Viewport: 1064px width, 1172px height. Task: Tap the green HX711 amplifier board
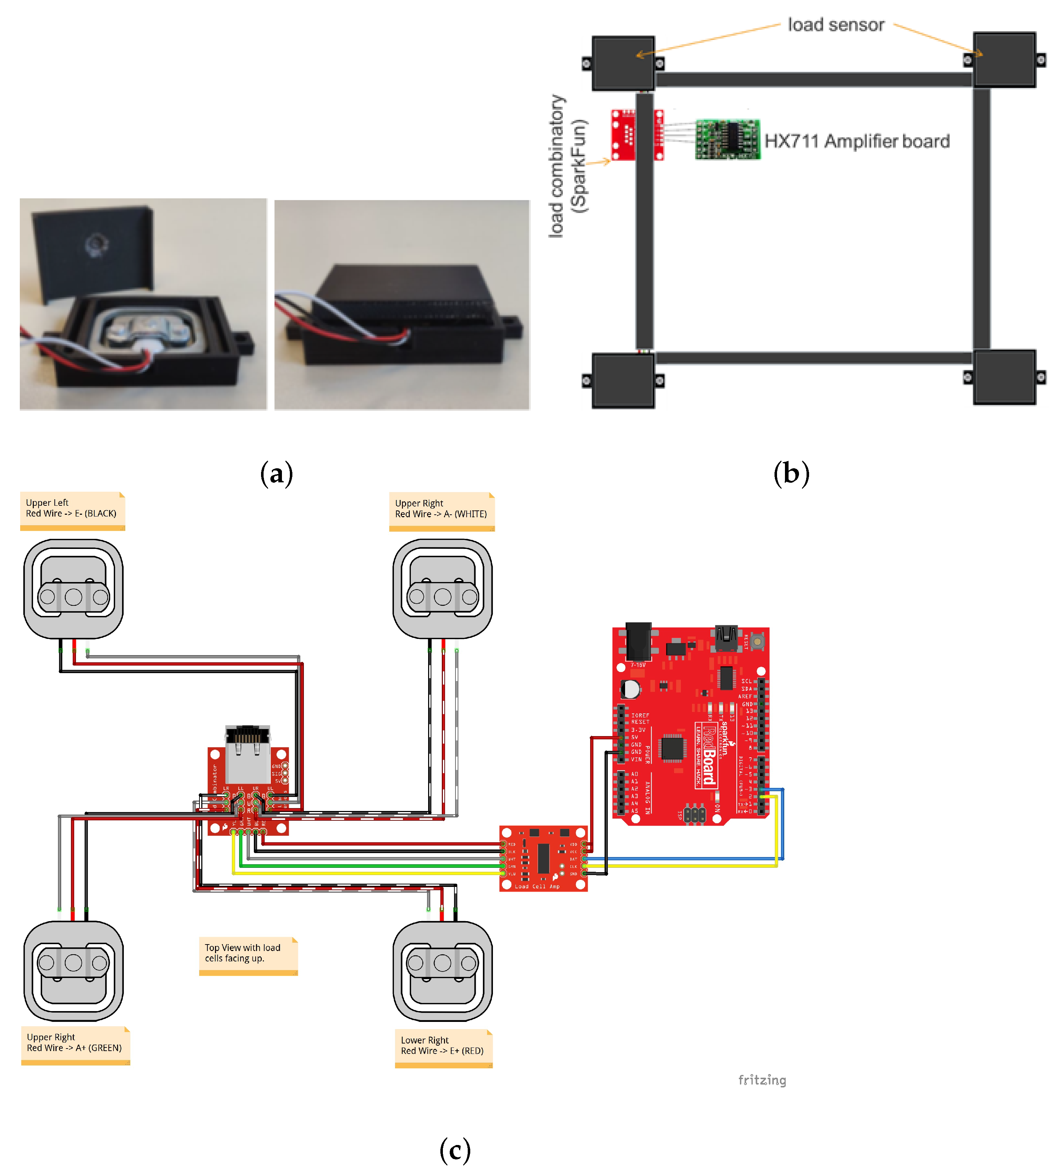(727, 140)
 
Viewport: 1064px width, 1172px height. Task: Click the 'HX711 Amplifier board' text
(857, 141)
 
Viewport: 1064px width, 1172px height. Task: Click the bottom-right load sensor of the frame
(1004, 377)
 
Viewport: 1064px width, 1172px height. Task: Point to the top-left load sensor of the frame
(623, 63)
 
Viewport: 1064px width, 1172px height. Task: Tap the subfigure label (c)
(455, 1150)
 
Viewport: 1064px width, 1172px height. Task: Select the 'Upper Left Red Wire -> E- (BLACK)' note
(72, 510)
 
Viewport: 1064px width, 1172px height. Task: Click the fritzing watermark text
(762, 1079)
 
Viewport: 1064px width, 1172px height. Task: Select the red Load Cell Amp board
(543, 858)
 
